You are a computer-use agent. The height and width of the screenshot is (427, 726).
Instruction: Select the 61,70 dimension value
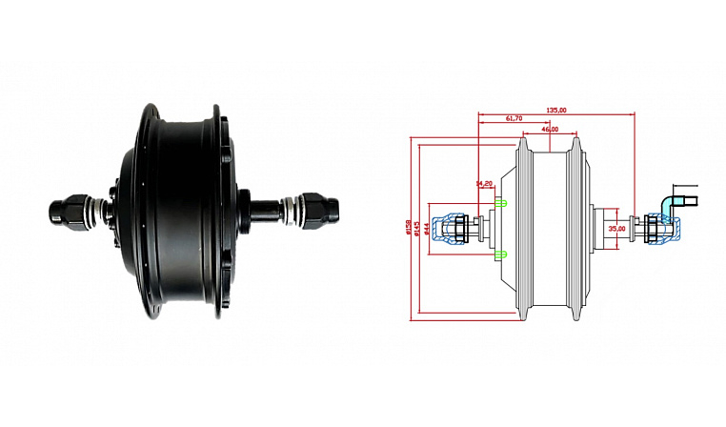(513, 118)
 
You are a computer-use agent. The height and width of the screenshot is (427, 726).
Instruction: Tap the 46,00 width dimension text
(550, 128)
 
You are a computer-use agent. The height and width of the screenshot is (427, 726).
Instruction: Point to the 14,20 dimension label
(484, 183)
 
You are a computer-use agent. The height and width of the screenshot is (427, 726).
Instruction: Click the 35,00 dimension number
(616, 229)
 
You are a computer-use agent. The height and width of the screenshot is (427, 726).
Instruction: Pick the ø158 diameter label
(408, 229)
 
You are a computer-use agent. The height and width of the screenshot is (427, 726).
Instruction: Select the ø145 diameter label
(416, 229)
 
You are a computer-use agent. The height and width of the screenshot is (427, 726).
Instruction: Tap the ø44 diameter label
(426, 229)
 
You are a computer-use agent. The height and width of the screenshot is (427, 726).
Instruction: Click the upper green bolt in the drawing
(501, 203)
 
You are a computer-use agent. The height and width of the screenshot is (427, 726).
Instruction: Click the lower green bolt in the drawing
(501, 254)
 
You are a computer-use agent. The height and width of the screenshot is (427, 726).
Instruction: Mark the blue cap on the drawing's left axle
(444, 229)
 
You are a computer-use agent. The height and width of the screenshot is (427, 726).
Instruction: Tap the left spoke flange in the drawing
(523, 229)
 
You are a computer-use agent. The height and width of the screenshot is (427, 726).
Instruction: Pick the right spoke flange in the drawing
(575, 229)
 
